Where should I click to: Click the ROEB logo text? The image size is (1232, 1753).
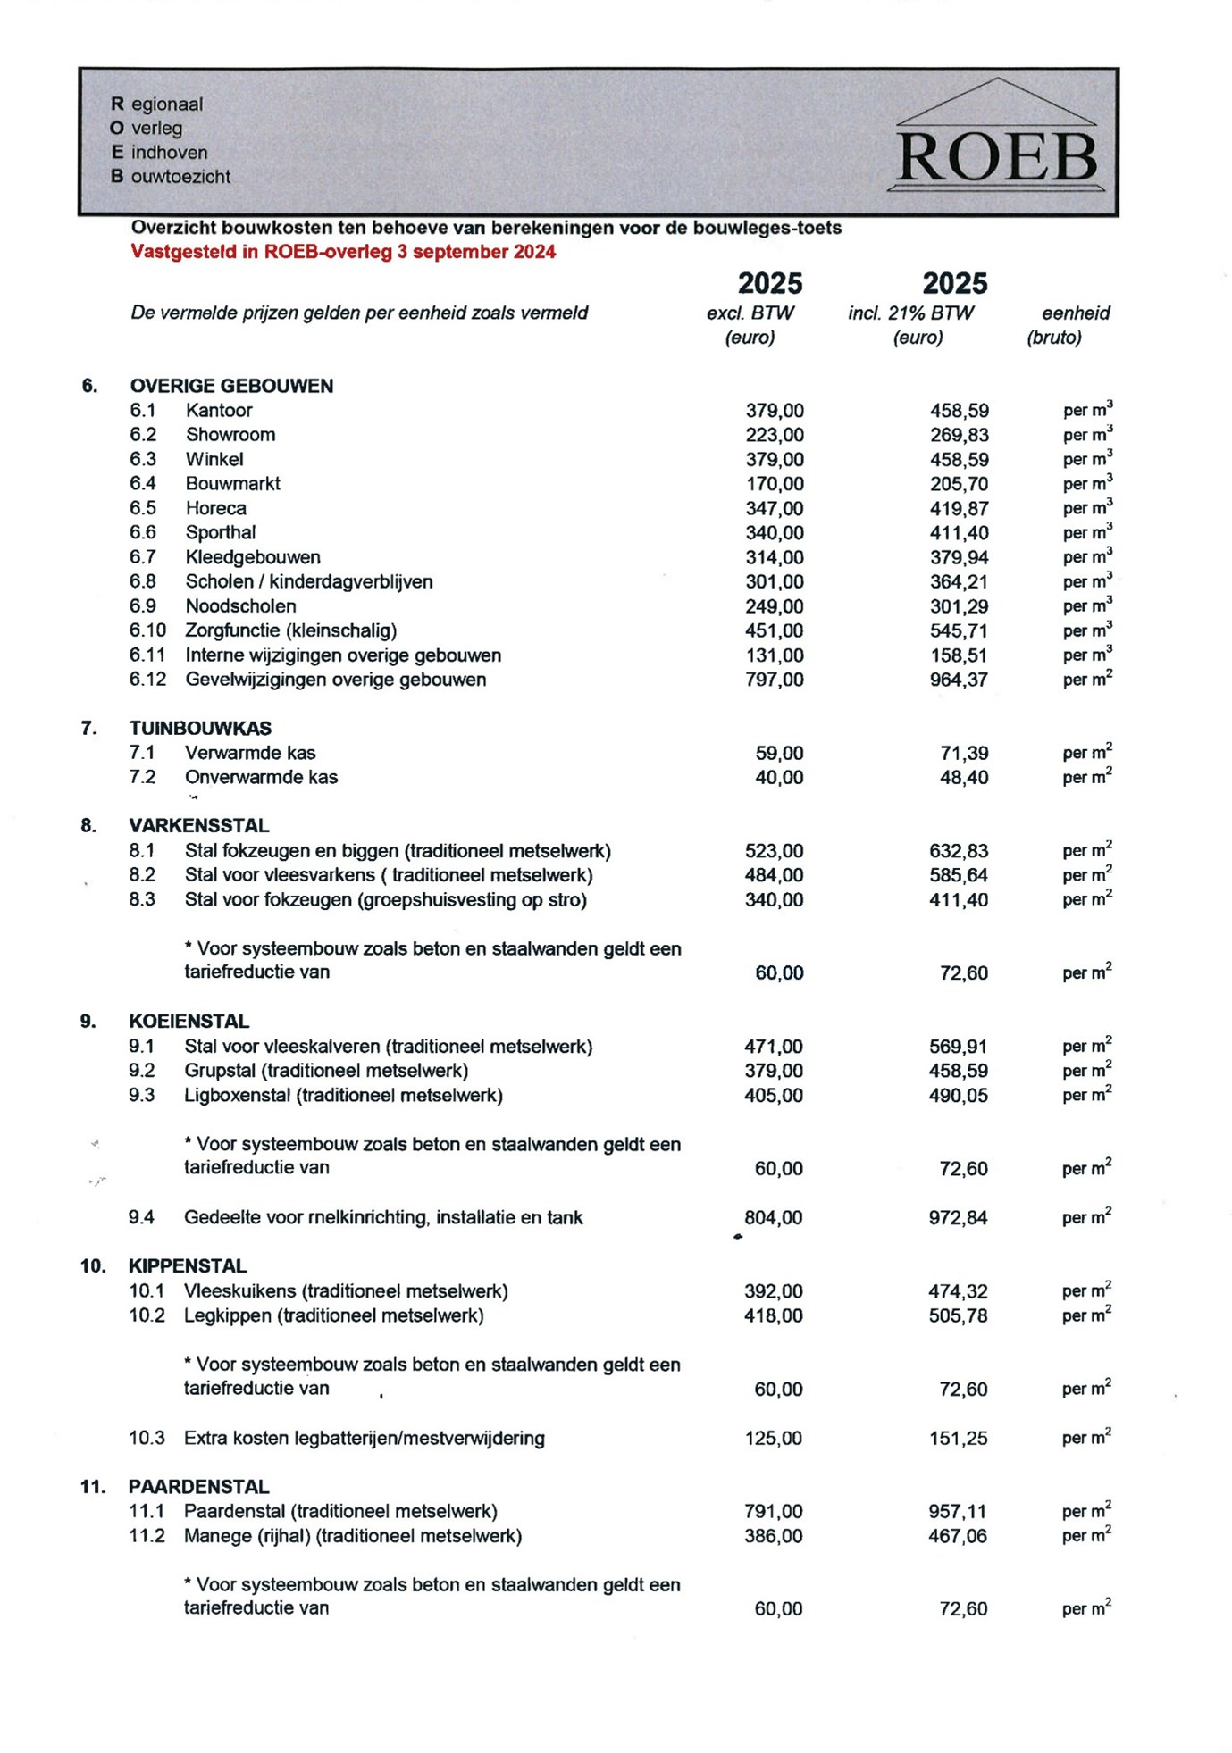996,159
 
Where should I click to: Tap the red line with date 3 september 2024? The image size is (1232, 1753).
343,252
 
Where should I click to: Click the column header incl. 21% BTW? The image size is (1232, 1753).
910,313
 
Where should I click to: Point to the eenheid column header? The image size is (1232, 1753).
1075,313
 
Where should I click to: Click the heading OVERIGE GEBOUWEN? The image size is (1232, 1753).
231,386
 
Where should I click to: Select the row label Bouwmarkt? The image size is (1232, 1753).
232,484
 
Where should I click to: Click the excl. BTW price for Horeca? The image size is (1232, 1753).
774,508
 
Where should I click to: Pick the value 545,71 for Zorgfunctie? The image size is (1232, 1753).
959,630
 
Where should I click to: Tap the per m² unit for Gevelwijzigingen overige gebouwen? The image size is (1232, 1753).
1086,680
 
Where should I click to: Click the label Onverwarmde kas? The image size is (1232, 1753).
261,778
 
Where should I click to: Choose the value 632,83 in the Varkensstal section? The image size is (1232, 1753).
958,851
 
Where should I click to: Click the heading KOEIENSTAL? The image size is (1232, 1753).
189,1021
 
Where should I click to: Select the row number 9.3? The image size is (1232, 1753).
141,1095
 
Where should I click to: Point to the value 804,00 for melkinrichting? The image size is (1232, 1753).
773,1217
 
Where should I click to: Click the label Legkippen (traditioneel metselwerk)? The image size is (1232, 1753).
333,1315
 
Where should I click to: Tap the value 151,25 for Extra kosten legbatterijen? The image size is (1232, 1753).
958,1438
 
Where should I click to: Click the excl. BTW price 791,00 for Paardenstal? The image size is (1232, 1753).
773,1511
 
